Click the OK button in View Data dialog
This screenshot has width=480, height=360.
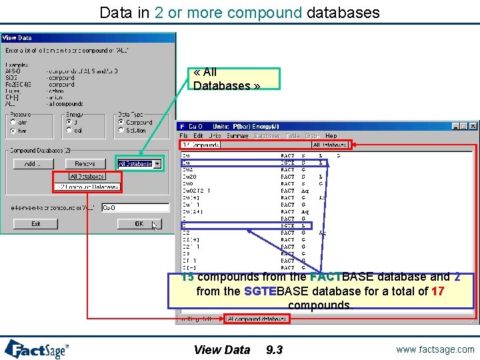point(139,224)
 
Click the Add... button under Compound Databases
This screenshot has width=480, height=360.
point(31,163)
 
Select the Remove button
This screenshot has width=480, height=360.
point(85,163)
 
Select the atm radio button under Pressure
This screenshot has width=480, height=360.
point(13,123)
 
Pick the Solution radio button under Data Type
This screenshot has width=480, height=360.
point(121,131)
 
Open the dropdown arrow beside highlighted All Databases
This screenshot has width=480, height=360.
point(157,164)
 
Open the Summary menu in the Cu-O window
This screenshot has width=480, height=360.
point(237,136)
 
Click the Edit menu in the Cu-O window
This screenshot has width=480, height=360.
point(198,136)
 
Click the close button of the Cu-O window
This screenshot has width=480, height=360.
point(474,126)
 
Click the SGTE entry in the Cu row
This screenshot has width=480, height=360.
point(287,163)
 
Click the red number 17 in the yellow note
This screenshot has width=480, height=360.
point(437,291)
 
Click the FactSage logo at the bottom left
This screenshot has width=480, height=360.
point(37,349)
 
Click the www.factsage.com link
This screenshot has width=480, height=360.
point(434,349)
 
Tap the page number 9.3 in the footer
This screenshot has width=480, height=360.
point(274,350)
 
